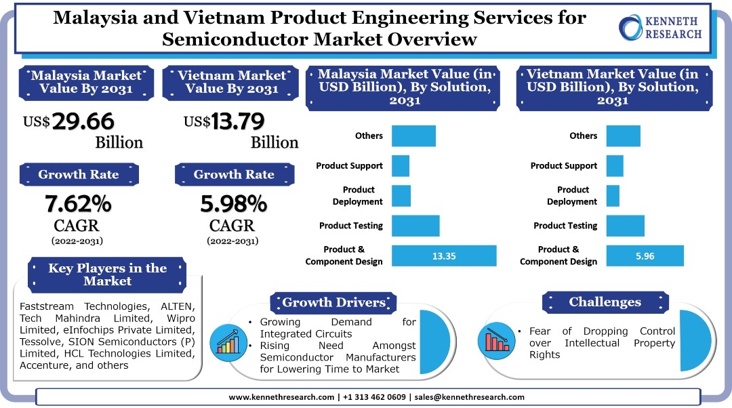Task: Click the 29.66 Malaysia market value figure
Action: click(x=83, y=121)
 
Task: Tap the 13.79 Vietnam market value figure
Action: click(x=237, y=121)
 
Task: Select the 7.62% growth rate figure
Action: click(x=78, y=203)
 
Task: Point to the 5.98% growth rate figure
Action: click(x=233, y=203)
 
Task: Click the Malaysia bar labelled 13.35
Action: click(x=444, y=256)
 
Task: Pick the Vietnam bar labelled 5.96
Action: click(x=645, y=256)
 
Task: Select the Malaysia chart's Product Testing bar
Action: click(x=415, y=226)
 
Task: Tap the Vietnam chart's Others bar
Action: click(x=623, y=136)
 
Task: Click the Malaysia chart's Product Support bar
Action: click(x=401, y=166)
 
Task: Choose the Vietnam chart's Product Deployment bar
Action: click(x=613, y=196)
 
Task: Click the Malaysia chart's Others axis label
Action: click(x=369, y=136)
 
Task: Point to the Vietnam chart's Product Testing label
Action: click(x=565, y=226)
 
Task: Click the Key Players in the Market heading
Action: click(x=107, y=274)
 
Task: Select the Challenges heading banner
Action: click(x=605, y=302)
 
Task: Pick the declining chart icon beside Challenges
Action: click(x=498, y=339)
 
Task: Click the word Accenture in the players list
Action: click(x=45, y=365)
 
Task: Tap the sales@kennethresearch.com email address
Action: click(x=470, y=397)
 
